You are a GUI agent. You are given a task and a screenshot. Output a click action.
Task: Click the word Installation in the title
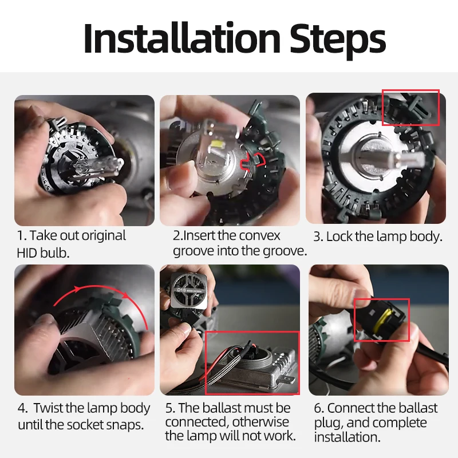[x=182, y=38]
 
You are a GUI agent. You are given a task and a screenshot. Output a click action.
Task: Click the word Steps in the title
[x=338, y=41]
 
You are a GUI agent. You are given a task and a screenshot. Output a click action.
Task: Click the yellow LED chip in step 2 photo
[x=218, y=144]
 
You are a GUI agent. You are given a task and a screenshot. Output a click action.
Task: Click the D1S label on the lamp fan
[x=181, y=290]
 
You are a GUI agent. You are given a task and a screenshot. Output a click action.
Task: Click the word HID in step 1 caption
[x=27, y=253]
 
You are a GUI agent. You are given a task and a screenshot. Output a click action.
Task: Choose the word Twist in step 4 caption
[x=48, y=408]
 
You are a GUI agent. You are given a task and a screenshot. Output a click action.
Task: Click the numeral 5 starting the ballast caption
[x=168, y=408]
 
